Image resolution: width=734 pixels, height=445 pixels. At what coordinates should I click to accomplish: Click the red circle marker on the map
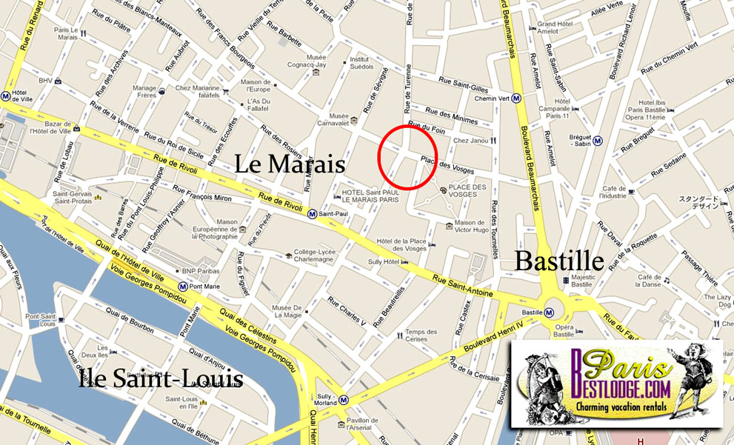(x=407, y=156)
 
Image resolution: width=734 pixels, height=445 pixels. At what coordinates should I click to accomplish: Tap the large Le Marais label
(x=290, y=164)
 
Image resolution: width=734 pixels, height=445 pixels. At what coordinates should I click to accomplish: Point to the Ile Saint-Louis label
(x=161, y=379)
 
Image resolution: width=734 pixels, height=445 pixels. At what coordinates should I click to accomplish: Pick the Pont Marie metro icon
(x=182, y=286)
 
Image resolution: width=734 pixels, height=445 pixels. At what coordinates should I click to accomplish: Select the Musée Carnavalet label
(x=338, y=120)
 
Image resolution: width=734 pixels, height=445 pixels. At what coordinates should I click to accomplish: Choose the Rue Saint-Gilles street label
(x=464, y=84)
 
